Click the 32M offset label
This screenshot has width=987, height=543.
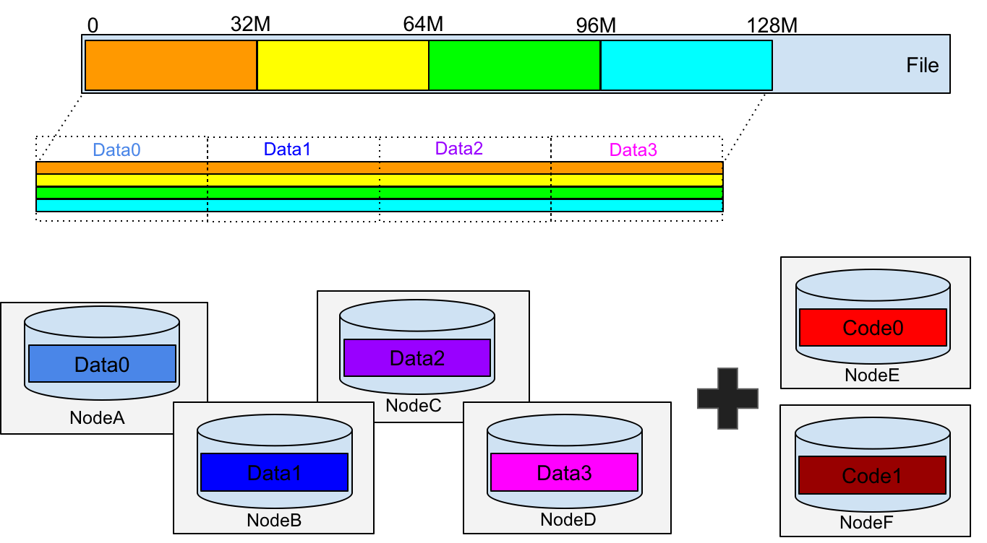[250, 25]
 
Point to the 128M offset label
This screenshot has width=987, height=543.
[772, 25]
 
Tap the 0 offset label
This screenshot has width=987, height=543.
[93, 25]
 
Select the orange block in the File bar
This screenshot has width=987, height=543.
[171, 65]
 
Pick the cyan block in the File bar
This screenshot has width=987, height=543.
[686, 65]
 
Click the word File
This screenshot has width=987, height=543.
[922, 65]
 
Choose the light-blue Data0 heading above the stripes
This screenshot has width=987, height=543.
[116, 149]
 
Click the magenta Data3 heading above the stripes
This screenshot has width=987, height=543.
[633, 149]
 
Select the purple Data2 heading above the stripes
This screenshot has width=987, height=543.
[458, 148]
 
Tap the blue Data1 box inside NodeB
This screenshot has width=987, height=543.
[274, 472]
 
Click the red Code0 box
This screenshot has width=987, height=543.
[873, 327]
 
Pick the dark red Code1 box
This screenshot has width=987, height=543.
[872, 475]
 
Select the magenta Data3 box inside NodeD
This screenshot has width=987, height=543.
[564, 472]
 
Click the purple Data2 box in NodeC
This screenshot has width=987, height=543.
[416, 357]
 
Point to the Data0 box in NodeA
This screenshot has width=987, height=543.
[102, 363]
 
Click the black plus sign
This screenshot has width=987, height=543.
[727, 399]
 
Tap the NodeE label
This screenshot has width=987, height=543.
[872, 375]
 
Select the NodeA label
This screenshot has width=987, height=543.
[97, 417]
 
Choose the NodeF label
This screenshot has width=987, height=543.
[866, 523]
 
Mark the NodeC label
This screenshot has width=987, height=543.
[414, 405]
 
